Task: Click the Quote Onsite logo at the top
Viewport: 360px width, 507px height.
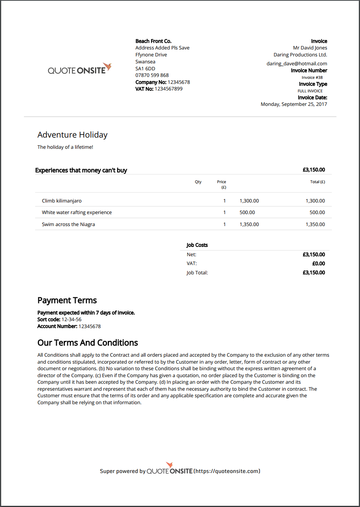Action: (x=80, y=70)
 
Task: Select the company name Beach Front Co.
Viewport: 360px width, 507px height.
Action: (x=153, y=41)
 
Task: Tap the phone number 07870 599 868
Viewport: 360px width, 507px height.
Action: (x=152, y=75)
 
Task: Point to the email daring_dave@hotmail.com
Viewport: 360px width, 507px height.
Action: (x=297, y=63)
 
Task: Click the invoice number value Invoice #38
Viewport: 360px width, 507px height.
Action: (x=312, y=77)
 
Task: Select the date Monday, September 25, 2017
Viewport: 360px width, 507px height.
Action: (x=294, y=104)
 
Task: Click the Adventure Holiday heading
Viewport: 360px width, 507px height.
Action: (x=72, y=135)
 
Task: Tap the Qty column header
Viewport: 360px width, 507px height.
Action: (x=198, y=182)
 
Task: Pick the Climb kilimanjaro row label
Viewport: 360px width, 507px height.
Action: (x=62, y=201)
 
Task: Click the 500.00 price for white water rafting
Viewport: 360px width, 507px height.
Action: (x=247, y=212)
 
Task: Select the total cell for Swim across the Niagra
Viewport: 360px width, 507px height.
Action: (x=315, y=224)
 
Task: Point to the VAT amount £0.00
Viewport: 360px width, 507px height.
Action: (x=319, y=264)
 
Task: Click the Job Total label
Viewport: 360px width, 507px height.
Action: (x=197, y=272)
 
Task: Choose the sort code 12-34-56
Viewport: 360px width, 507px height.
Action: (x=71, y=319)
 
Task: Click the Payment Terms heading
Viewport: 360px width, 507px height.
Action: (x=67, y=300)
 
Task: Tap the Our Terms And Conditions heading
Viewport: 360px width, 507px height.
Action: (x=88, y=343)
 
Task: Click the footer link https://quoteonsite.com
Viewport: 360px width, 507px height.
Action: (x=227, y=471)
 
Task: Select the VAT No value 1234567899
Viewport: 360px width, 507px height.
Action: (x=168, y=88)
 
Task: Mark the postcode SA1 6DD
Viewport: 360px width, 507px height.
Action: (x=145, y=68)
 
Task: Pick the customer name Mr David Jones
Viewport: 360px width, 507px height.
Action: (x=310, y=48)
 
